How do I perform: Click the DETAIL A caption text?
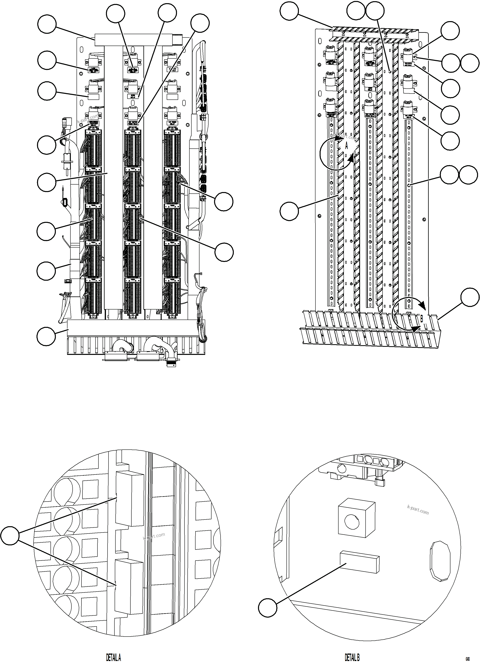[113, 657]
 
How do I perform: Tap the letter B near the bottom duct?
[422, 319]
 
